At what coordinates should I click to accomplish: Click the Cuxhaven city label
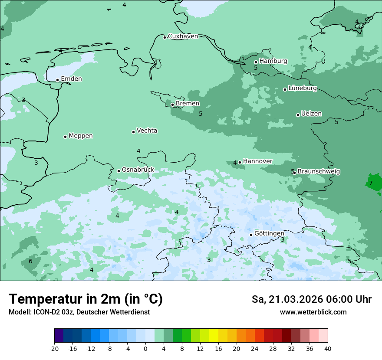[183, 36]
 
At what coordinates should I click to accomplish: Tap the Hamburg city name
[273, 61]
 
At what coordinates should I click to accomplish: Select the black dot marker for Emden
[57, 80]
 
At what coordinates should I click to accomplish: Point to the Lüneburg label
[303, 88]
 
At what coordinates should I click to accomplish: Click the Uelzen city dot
[298, 115]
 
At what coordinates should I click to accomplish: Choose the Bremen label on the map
[188, 104]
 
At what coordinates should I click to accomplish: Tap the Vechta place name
[147, 131]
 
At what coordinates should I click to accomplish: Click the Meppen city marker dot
[65, 137]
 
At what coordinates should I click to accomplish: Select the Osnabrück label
[138, 170]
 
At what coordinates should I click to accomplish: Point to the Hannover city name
[257, 161]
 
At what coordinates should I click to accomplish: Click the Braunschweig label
[319, 171]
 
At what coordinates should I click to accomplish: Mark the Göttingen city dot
[251, 235]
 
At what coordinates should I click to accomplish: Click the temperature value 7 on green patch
[371, 183]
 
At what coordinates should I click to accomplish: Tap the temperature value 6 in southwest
[30, 261]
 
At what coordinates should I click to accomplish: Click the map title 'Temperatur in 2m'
[86, 299]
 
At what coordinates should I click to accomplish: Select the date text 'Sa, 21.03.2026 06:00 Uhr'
[311, 299]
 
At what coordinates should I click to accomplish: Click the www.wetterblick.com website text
[313, 312]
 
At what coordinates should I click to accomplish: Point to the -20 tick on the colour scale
[54, 348]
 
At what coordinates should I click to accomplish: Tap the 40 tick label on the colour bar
[327, 348]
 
